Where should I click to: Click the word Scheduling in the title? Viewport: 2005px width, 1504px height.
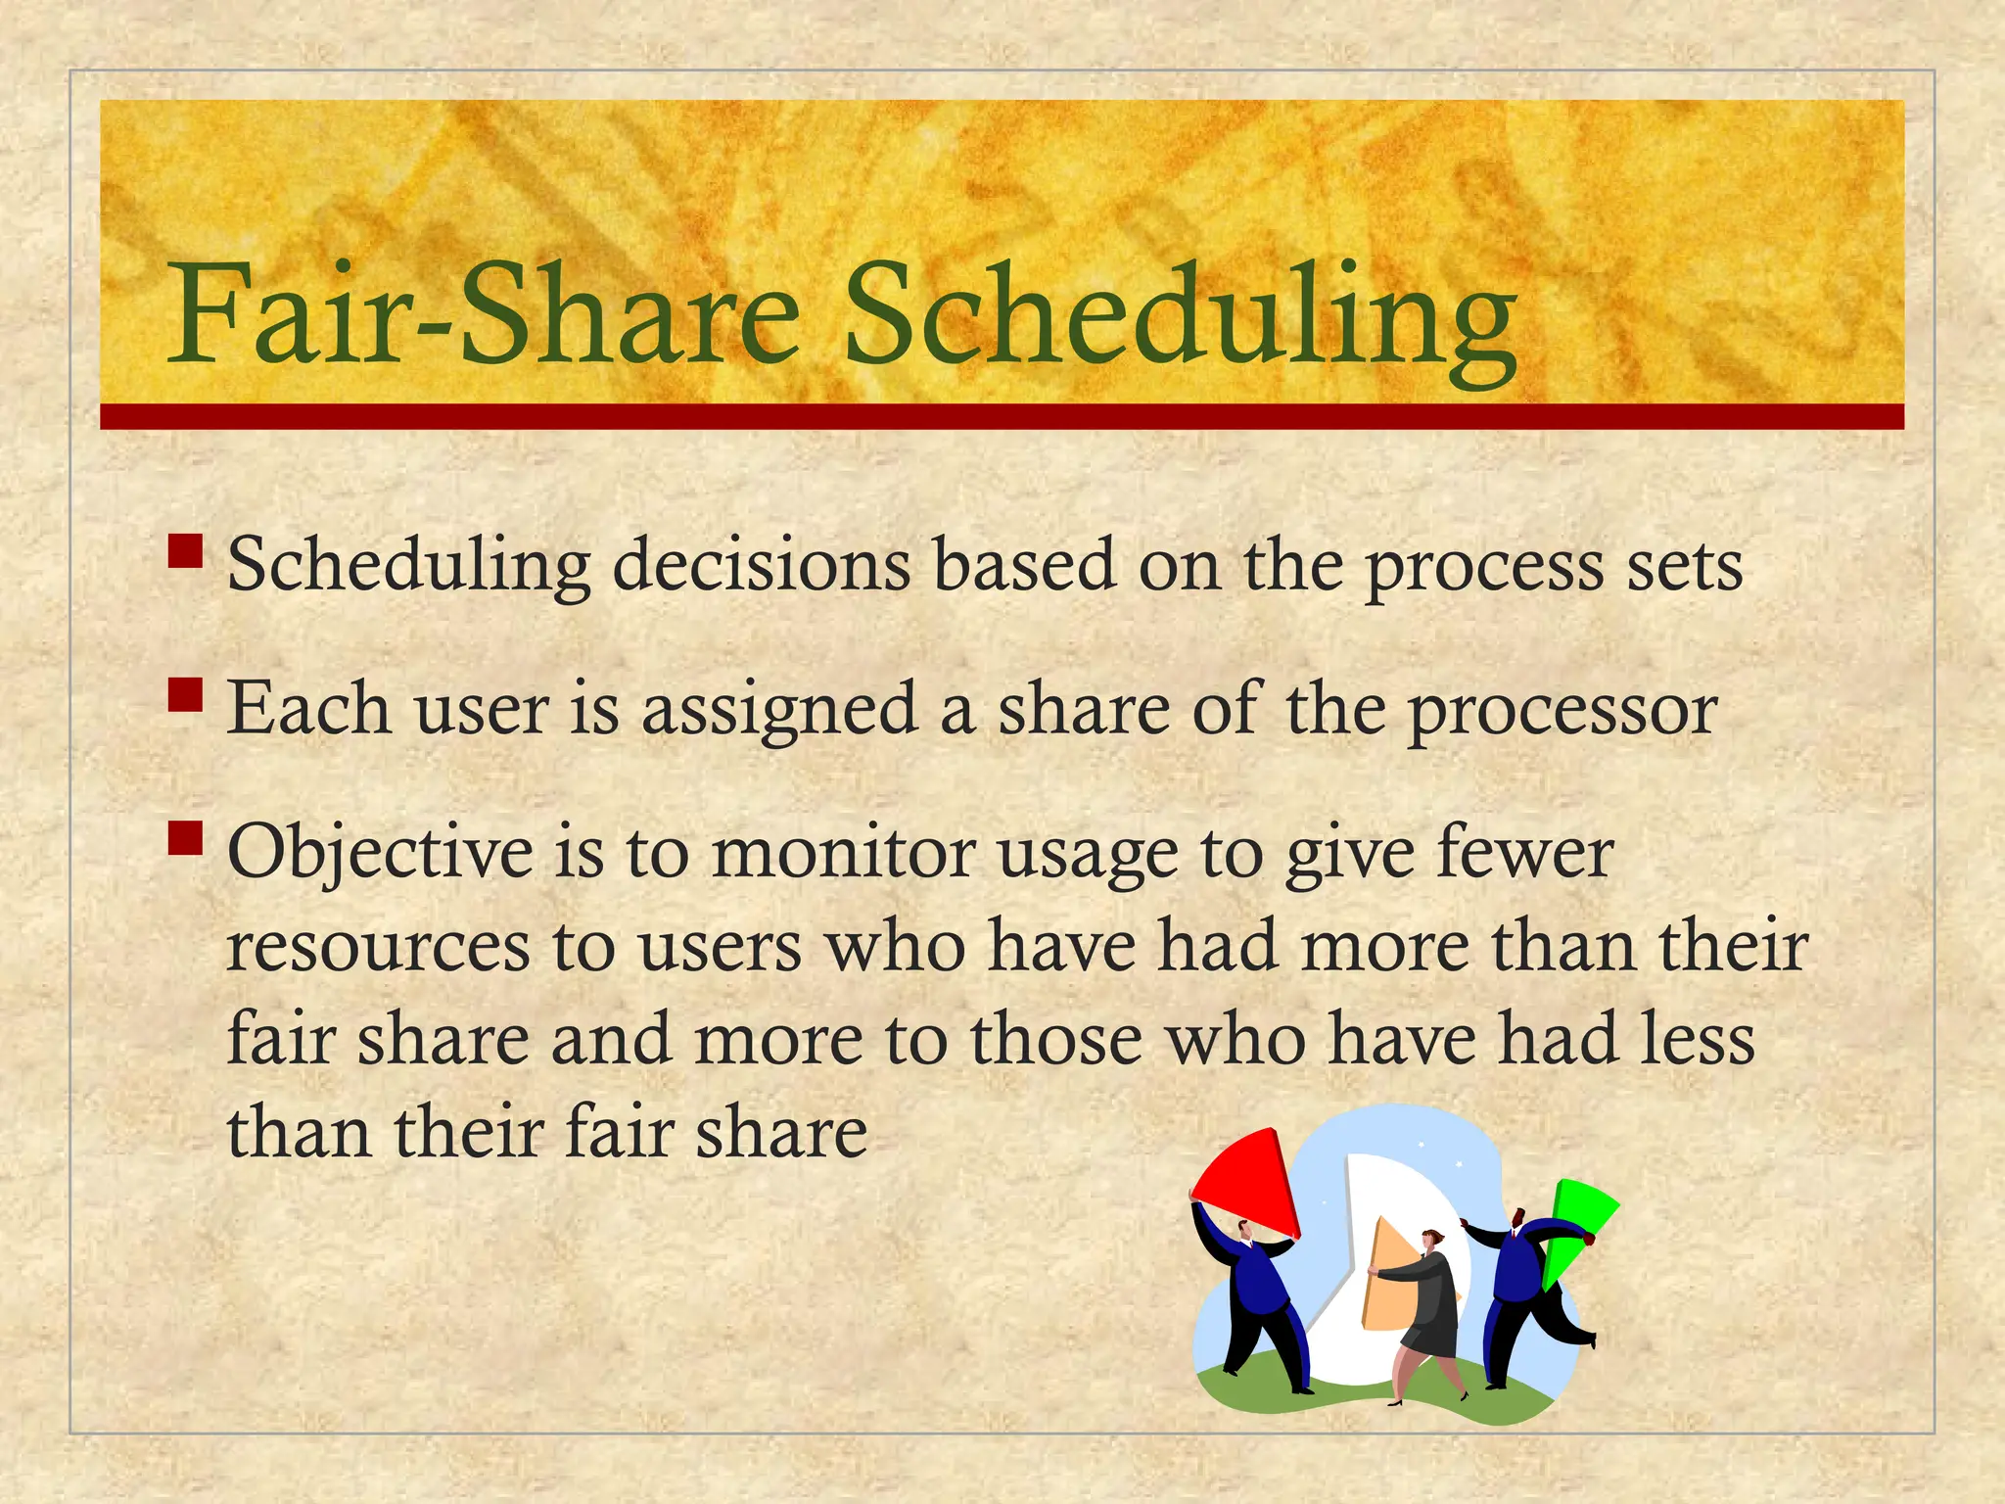[1180, 316]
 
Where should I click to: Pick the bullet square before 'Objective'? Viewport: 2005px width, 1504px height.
[185, 838]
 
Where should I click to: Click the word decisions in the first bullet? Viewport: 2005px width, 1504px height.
[761, 566]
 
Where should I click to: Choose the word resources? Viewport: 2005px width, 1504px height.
[378, 948]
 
